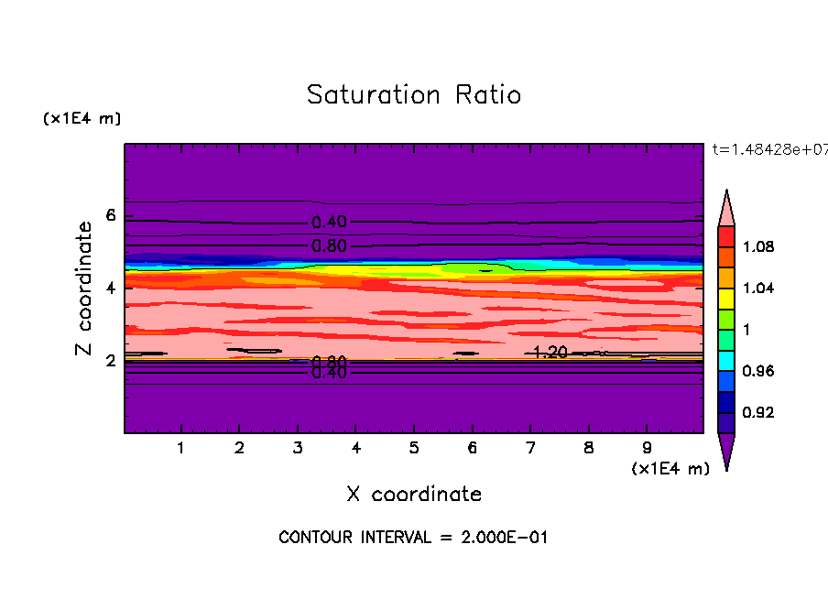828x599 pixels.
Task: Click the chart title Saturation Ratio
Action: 413,95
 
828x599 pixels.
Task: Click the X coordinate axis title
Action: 413,495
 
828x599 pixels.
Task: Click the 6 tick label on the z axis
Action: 111,216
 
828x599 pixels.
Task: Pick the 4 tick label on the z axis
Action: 111,289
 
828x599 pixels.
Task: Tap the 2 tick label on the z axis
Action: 111,361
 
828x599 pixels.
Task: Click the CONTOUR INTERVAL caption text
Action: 413,538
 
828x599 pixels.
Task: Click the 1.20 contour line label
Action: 550,353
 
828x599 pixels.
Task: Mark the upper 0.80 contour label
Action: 329,245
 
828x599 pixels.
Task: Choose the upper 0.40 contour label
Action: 329,223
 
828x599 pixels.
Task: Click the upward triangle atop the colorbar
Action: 726,206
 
